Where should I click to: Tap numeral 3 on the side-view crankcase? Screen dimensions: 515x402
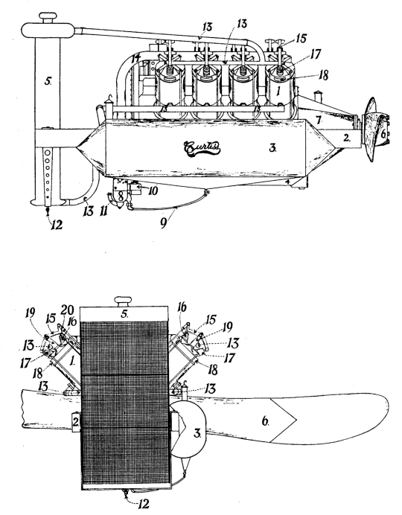click(272, 148)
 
